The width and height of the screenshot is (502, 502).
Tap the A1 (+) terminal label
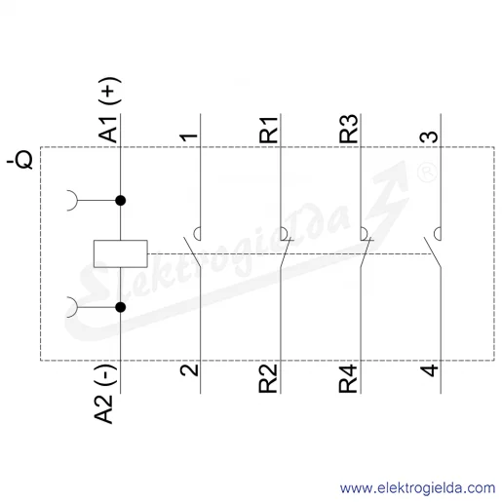pyautogui.click(x=109, y=110)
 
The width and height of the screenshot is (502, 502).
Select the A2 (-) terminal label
pyautogui.click(x=104, y=394)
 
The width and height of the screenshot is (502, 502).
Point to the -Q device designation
pyautogui.click(x=19, y=160)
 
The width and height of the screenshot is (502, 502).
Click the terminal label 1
pyautogui.click(x=188, y=137)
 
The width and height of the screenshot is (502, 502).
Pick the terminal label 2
pyautogui.click(x=189, y=370)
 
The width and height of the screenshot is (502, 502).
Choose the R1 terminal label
pyautogui.click(x=268, y=130)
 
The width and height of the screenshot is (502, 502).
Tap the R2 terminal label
pyautogui.click(x=268, y=378)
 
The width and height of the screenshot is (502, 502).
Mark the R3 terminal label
pyautogui.click(x=348, y=129)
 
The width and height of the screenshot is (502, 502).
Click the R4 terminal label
pyautogui.click(x=348, y=378)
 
